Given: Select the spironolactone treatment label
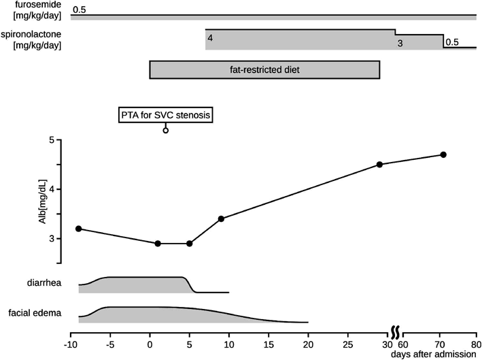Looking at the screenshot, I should coord(37,40).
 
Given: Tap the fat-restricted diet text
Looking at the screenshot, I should coord(264,69).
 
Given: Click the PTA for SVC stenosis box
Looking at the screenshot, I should coord(166,115).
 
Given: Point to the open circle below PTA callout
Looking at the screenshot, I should coord(166,129).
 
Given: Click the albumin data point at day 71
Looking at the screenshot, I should coord(443,154).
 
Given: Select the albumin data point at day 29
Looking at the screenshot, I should coord(379,165).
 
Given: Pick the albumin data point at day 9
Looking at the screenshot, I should coord(221,218).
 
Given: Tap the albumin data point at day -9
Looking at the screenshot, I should coord(79,229).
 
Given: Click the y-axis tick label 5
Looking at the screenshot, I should coord(51,140).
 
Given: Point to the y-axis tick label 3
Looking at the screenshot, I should coord(51,238).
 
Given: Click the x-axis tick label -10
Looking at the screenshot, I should coord(70,344).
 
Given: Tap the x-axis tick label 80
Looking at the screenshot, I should coord(475,344).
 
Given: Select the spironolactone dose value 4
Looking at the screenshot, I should coord(211,38).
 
